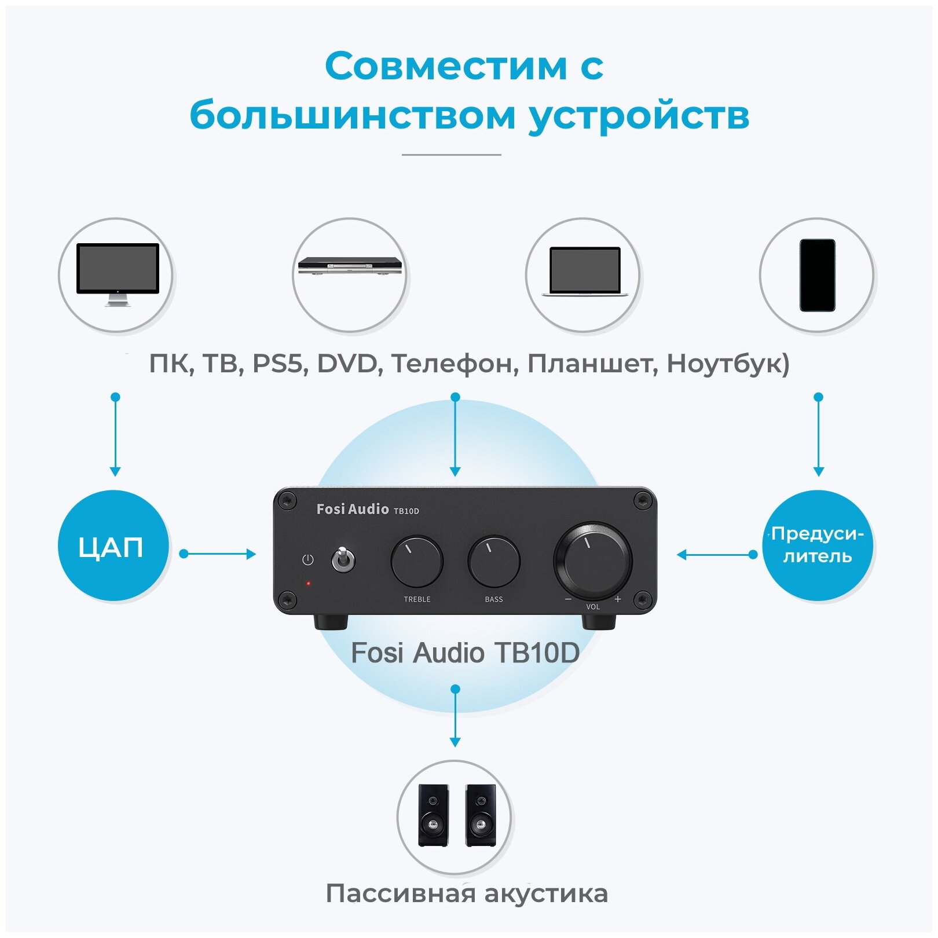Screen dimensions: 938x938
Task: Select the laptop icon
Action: pyautogui.click(x=585, y=272)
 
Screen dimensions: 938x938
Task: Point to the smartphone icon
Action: pyautogui.click(x=817, y=275)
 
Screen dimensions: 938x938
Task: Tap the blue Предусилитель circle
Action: pyautogui.click(x=817, y=545)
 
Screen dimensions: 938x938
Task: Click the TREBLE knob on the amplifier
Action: pyautogui.click(x=416, y=561)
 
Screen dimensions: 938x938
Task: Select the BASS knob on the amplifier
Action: pyautogui.click(x=493, y=561)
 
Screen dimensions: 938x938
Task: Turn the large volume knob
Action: pyautogui.click(x=592, y=560)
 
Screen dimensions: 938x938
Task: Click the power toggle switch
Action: pyautogui.click(x=342, y=559)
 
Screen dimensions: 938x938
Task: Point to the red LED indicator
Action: pyautogui.click(x=308, y=583)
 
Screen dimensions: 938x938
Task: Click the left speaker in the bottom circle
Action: pyautogui.click(x=433, y=815)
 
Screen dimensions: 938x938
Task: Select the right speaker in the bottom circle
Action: pyautogui.click(x=481, y=815)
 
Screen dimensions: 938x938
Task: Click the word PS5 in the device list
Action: pyautogui.click(x=277, y=364)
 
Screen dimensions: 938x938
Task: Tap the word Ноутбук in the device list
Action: pyautogui.click(x=727, y=364)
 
